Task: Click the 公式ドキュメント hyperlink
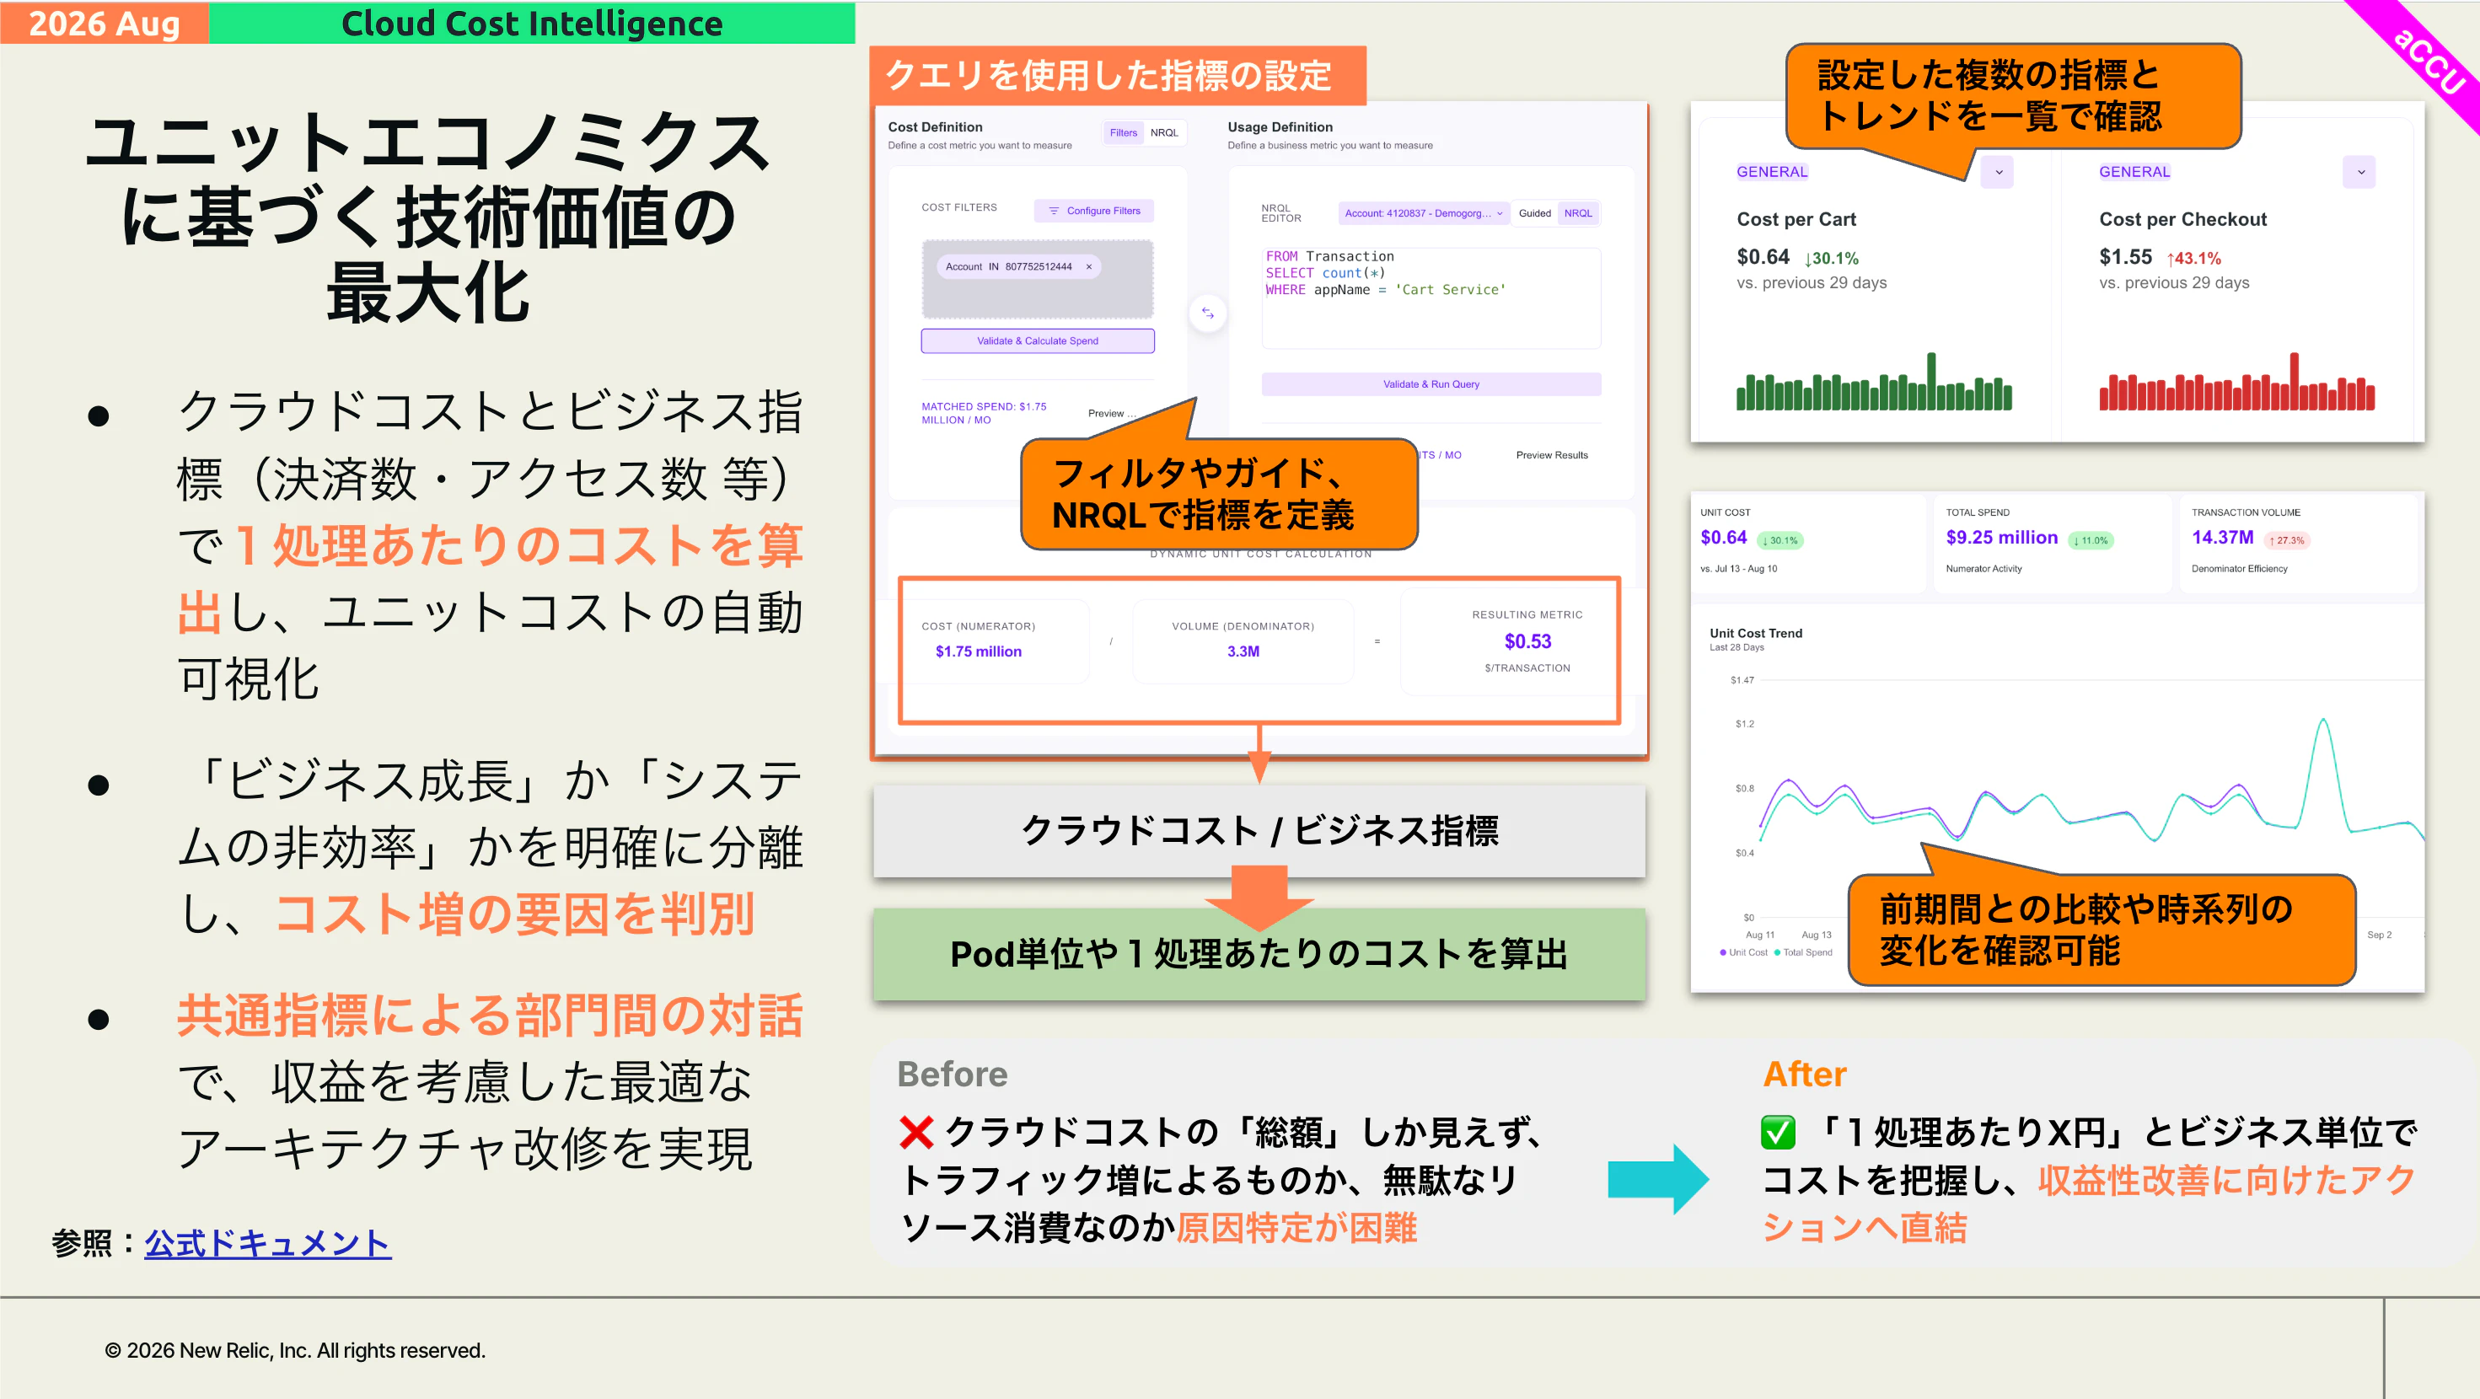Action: [267, 1242]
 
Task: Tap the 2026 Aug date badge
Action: [104, 23]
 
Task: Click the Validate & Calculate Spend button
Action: [1037, 340]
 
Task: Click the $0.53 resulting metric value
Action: [1527, 641]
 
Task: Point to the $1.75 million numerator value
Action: [978, 651]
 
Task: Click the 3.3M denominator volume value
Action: [1243, 651]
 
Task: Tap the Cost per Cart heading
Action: [1796, 219]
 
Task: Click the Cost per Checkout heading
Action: [2182, 219]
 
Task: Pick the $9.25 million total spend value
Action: [2001, 537]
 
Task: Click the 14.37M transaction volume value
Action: [2222, 537]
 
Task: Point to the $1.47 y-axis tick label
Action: [1742, 680]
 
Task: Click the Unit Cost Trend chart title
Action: [1756, 633]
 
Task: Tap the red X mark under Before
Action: [916, 1133]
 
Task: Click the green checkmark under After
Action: [1778, 1133]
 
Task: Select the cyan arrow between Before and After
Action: [1658, 1178]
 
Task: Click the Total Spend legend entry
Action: [1803, 952]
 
